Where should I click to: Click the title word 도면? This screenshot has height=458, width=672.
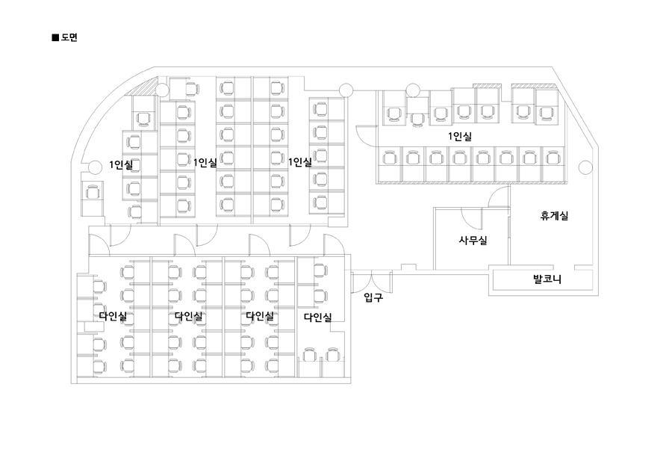[x=69, y=36]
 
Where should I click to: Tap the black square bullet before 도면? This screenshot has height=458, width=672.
[x=55, y=36]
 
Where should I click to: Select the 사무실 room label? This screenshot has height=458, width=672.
[x=473, y=241]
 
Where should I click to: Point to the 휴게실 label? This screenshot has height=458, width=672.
[x=555, y=217]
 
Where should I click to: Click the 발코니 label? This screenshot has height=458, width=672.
[x=547, y=280]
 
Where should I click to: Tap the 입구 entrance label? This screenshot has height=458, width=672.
[x=373, y=298]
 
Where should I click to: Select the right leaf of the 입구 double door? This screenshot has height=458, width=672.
[x=382, y=282]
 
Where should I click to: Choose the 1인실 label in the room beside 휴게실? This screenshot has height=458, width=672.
[x=460, y=137]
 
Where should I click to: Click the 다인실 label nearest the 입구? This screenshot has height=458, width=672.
[x=317, y=318]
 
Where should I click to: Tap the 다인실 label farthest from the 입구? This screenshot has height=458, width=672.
[x=113, y=316]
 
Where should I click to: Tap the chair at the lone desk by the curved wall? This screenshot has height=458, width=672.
[x=93, y=192]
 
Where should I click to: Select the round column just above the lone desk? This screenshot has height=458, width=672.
[x=94, y=166]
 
